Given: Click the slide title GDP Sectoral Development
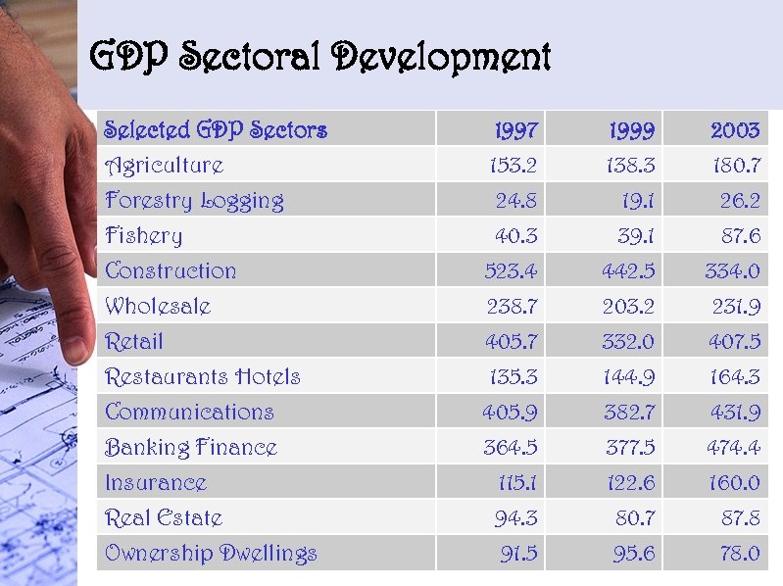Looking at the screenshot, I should (x=319, y=58).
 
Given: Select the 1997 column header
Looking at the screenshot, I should (x=515, y=130).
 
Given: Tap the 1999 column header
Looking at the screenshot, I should (x=631, y=130).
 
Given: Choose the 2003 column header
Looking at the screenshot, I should (x=734, y=130).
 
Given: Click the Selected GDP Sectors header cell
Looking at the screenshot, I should (x=216, y=130).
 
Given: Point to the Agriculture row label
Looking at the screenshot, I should (x=165, y=166).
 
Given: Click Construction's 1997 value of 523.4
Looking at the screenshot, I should (x=511, y=271).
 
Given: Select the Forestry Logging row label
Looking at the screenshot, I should (x=194, y=201).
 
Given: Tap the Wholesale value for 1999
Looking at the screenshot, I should (x=629, y=307).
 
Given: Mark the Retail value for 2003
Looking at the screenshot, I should (x=732, y=342).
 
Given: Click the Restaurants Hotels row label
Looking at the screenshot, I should (x=203, y=377).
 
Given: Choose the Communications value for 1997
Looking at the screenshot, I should (x=510, y=413).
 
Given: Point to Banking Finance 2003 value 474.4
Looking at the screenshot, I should (x=732, y=448).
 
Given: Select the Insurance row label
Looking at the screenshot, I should (x=156, y=483).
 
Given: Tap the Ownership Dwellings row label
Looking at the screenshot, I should (x=211, y=554).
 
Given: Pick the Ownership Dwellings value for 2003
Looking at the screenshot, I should (x=736, y=554).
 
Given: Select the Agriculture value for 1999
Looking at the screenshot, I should (x=629, y=166).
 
